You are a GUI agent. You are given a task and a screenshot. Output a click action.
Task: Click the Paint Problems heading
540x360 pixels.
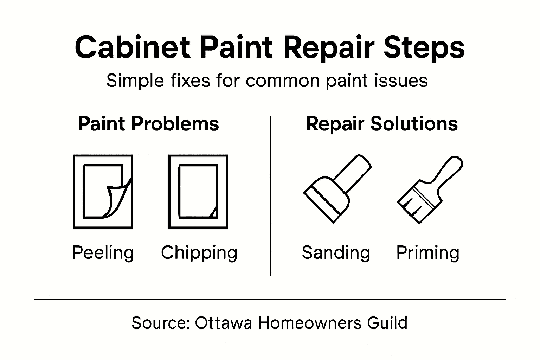(x=148, y=124)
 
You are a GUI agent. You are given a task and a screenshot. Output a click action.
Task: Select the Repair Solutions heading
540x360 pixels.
(x=382, y=124)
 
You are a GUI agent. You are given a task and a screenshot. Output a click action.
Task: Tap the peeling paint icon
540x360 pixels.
(x=103, y=192)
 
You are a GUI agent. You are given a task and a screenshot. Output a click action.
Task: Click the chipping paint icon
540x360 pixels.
(x=198, y=192)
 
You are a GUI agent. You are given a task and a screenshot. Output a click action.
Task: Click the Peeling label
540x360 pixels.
(x=103, y=252)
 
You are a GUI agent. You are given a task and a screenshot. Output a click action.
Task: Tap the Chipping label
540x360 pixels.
(x=199, y=252)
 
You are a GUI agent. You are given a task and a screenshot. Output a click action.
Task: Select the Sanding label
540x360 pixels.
(x=336, y=252)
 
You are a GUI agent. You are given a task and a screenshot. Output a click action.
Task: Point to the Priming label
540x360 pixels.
(x=427, y=252)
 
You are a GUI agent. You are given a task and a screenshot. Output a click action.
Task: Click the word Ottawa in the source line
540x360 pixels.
(x=223, y=322)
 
